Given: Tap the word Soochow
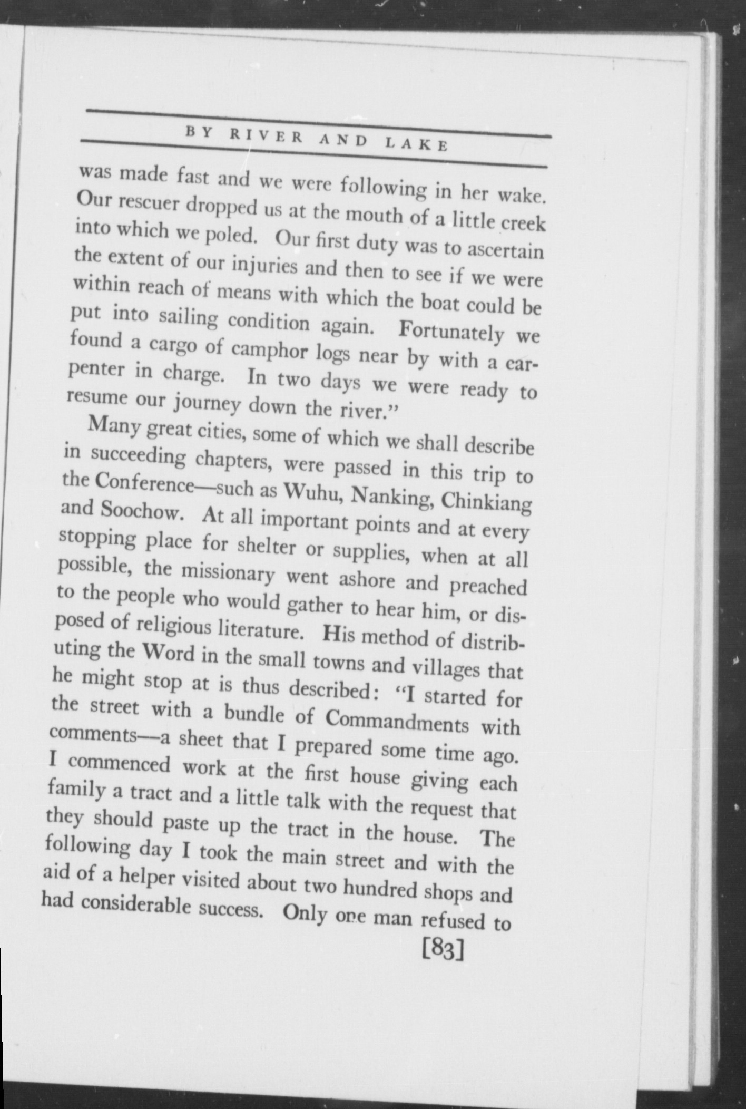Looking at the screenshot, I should pos(142,511).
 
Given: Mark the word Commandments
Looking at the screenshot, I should pos(397,721).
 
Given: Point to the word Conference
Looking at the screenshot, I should pos(144,482).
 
